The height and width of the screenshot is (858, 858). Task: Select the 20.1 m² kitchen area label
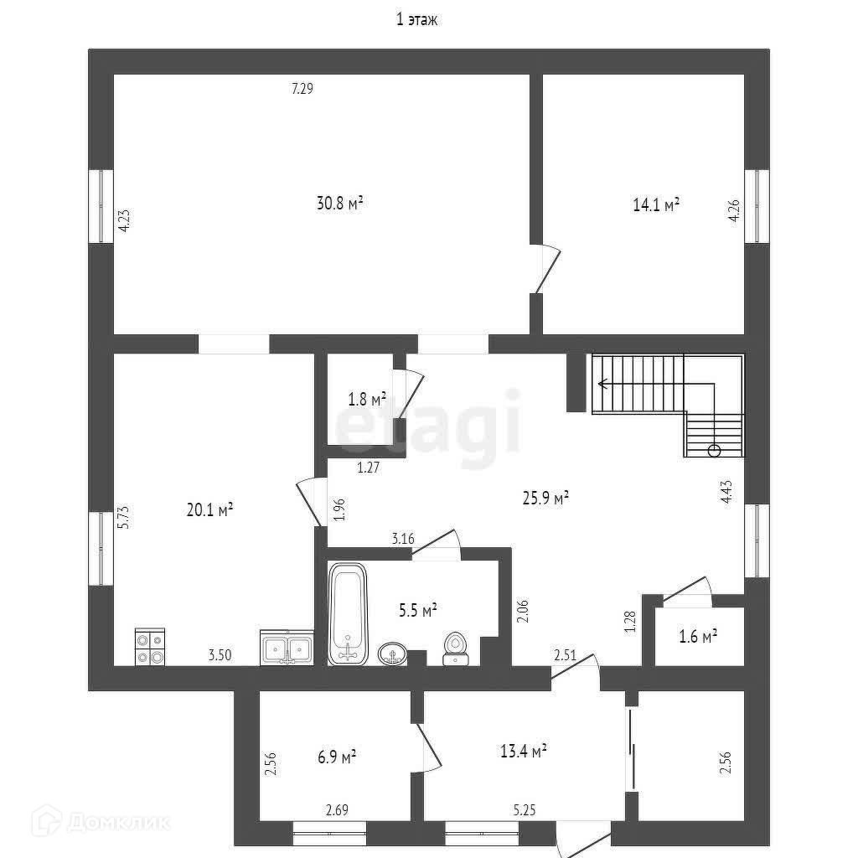(x=209, y=509)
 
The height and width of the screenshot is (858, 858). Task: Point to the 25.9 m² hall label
(x=546, y=498)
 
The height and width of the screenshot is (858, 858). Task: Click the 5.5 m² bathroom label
(x=416, y=610)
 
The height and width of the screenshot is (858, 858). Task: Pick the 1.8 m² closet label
(x=367, y=399)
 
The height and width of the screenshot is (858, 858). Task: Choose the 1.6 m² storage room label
(x=698, y=637)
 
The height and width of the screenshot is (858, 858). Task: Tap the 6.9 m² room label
(x=335, y=757)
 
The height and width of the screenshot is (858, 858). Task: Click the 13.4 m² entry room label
(x=525, y=751)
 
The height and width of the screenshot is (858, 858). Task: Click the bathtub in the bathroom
(x=348, y=613)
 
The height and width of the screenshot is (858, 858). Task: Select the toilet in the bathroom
(x=456, y=648)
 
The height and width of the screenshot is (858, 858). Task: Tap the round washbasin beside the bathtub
(x=391, y=654)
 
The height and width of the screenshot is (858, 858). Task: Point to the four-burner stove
(x=150, y=647)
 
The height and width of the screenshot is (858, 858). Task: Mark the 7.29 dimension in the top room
(x=302, y=89)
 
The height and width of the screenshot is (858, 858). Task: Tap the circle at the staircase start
(x=714, y=451)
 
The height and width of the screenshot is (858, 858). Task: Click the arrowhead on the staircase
(x=602, y=384)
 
